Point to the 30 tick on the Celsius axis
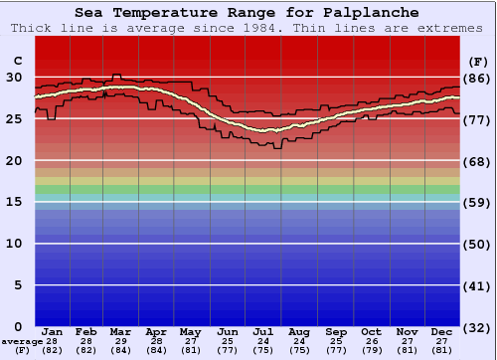14,77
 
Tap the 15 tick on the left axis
14,202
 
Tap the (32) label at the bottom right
476,327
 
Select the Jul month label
263,331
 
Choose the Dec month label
442,331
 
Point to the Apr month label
156,331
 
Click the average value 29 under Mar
121,341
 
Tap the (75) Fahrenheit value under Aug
299,350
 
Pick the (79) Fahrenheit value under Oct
371,350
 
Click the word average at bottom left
17,341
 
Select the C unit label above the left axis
17,61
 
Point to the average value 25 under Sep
335,341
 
